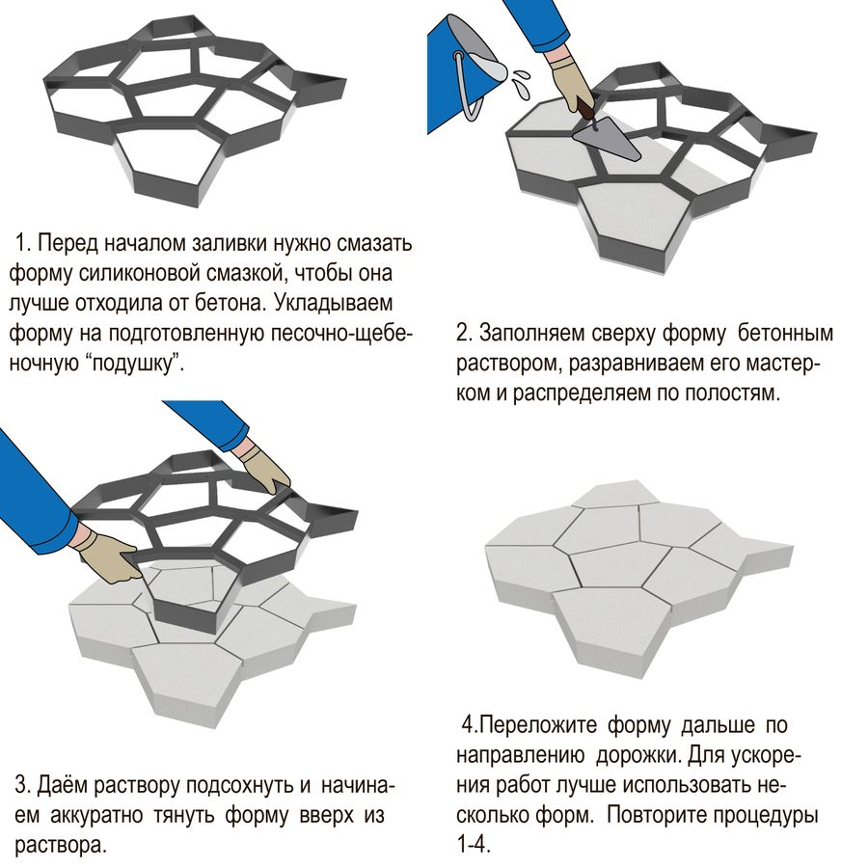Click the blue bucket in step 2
pos(454,72)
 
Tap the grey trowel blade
pos(607,138)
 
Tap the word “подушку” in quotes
pos(135,364)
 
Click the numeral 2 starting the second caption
pos(463,334)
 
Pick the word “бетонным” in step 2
pos(785,334)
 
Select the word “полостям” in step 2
pos(732,393)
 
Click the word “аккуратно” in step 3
pos(96,815)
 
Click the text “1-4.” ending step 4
pos(475,845)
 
